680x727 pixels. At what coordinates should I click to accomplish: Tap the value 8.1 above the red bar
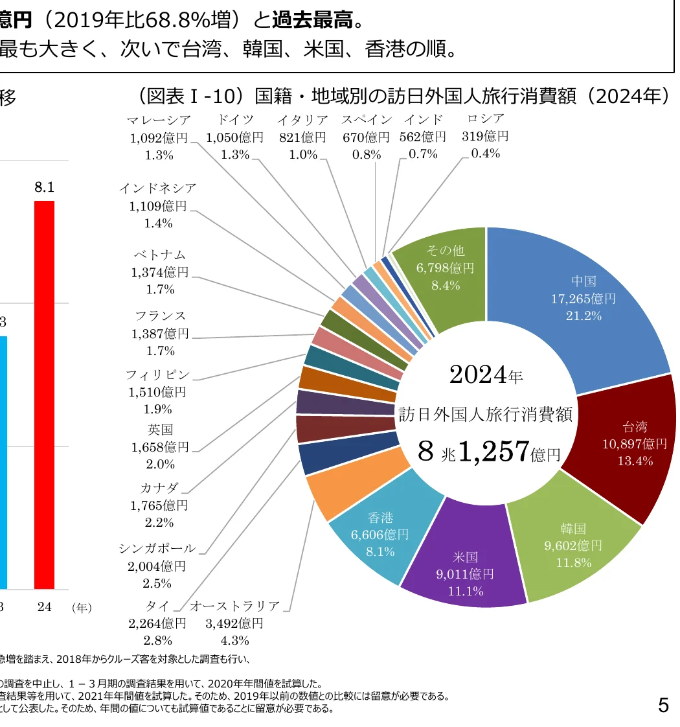[44, 187]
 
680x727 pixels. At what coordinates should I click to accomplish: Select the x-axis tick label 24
[44, 607]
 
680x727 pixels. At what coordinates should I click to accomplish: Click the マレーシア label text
[159, 121]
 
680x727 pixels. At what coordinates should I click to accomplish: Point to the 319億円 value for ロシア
[485, 136]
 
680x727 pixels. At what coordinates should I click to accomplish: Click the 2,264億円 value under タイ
[157, 623]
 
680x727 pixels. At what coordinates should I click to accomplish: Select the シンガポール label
[157, 549]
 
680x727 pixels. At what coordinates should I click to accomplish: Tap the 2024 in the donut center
[477, 374]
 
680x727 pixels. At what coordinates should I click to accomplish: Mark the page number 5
[663, 704]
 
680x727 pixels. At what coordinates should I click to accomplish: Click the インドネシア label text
[157, 189]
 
